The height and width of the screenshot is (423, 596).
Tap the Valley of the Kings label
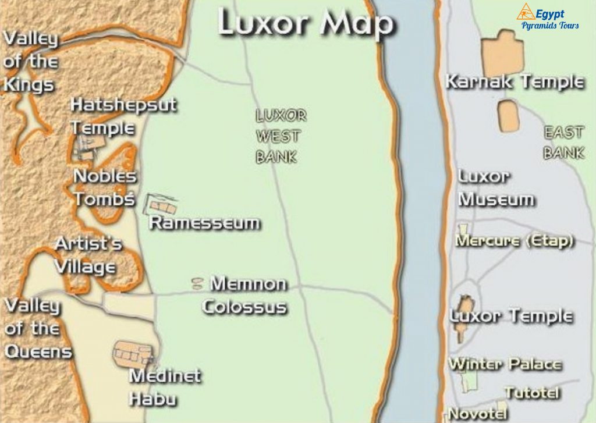(31, 62)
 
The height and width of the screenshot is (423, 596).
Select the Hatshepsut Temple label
(122, 116)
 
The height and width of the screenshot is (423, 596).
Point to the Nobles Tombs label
(105, 187)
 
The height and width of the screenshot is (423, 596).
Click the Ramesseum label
(205, 223)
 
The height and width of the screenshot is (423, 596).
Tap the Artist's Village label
(87, 255)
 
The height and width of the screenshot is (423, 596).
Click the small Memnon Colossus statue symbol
(198, 283)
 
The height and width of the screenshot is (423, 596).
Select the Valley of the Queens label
(36, 328)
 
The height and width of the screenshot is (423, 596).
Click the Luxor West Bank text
(281, 136)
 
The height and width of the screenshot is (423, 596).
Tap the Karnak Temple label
(514, 81)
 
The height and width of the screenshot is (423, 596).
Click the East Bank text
(563, 143)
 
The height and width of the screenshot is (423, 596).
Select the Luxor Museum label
(495, 188)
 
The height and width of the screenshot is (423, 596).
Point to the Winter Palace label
(505, 365)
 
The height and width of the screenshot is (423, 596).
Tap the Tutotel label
(532, 393)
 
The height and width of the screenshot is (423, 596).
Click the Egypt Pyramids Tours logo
(548, 16)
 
